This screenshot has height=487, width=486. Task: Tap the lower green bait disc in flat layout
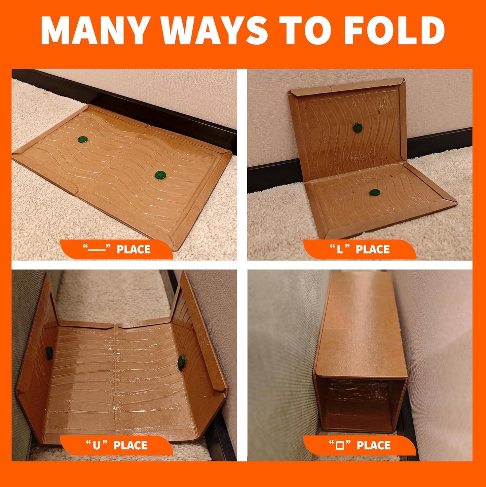coord(160,175)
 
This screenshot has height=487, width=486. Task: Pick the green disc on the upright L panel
coord(358,127)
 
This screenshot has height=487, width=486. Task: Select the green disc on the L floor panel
coord(374,193)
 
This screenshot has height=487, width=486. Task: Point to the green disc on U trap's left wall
coord(50,353)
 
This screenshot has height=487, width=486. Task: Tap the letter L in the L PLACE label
coord(340,249)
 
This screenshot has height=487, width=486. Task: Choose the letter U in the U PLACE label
coord(97,445)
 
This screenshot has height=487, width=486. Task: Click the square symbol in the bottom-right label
coord(340,446)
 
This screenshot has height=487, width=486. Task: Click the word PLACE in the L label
coord(373,249)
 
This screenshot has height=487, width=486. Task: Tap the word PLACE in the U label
coord(130,445)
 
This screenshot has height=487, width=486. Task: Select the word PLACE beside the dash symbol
coord(134,249)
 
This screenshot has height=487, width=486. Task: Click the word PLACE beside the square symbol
coord(374,445)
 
